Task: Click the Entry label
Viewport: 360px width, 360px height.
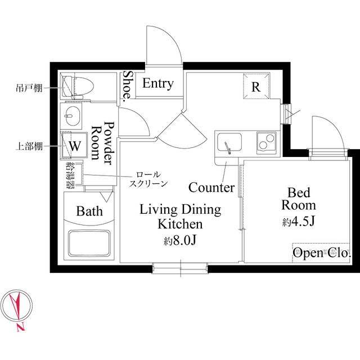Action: (157, 84)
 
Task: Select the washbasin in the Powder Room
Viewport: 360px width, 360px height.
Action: (73, 116)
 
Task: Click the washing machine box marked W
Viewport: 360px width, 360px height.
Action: (74, 145)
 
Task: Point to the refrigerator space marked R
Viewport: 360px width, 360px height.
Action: (256, 86)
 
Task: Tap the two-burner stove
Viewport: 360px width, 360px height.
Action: (266, 142)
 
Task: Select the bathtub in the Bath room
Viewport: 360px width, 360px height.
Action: (89, 243)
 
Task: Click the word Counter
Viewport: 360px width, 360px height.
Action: (211, 187)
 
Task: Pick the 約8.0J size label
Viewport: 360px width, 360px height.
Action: (179, 240)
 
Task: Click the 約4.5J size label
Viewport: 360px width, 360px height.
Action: (298, 222)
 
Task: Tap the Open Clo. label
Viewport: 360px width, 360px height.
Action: (322, 253)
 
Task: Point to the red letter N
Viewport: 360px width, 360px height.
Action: (21, 327)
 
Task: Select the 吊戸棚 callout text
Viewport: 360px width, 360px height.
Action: (29, 88)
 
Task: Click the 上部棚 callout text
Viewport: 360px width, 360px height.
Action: (29, 146)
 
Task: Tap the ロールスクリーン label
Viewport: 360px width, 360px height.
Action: (148, 179)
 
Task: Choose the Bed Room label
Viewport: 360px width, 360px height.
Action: (299, 199)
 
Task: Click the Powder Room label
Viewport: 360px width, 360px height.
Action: (103, 142)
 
